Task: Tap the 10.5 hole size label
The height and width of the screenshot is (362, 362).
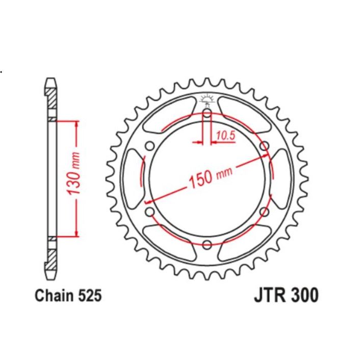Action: tap(225, 135)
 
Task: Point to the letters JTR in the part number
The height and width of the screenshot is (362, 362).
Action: tap(268, 295)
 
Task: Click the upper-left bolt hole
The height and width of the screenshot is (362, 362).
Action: tap(149, 146)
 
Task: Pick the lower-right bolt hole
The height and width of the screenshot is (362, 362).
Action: tap(264, 211)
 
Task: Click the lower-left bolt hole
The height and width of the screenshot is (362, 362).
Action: tap(149, 211)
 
